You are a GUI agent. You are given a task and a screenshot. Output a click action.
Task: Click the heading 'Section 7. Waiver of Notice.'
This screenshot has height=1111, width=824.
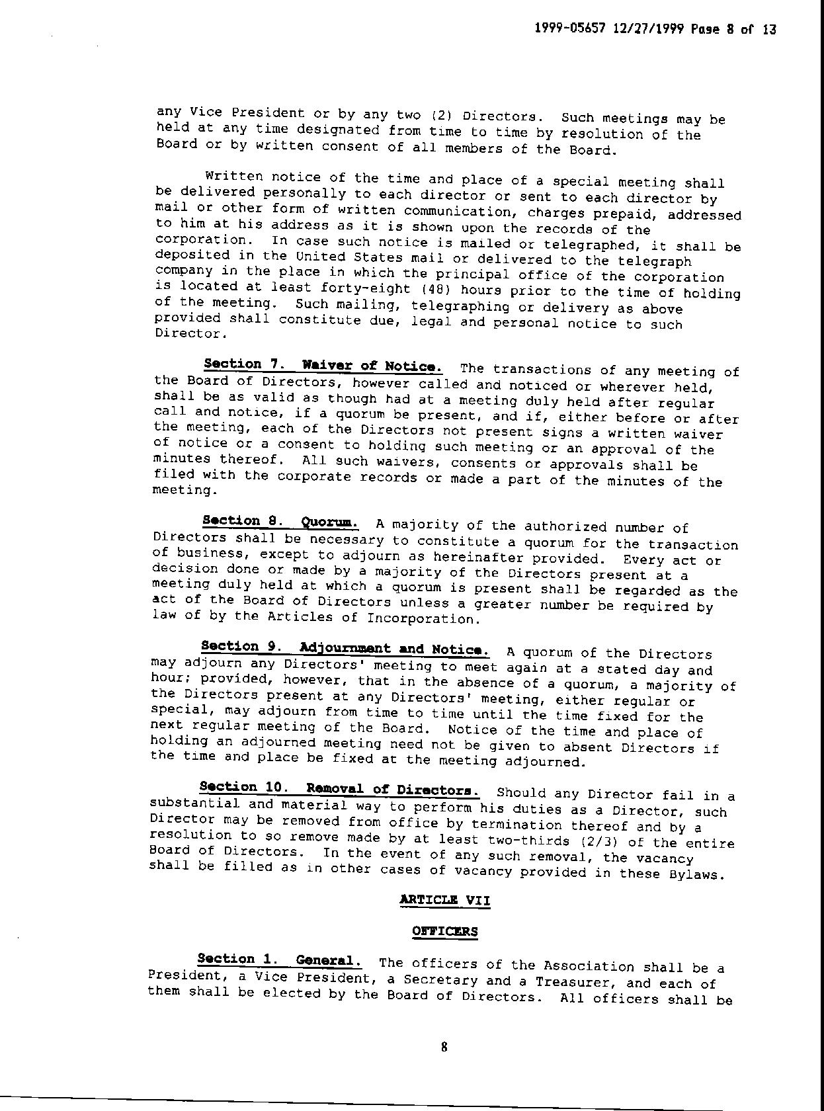pyautogui.click(x=323, y=365)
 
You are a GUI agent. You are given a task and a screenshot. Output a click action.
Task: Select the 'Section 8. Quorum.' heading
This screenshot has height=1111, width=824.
pyautogui.click(x=280, y=522)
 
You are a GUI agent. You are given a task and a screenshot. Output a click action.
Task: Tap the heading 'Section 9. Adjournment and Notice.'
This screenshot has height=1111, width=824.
pyautogui.click(x=345, y=647)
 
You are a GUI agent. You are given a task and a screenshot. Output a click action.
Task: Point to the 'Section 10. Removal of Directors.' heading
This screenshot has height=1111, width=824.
pyautogui.click(x=339, y=789)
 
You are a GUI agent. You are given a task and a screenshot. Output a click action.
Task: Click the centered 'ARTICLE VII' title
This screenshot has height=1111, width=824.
pyautogui.click(x=445, y=899)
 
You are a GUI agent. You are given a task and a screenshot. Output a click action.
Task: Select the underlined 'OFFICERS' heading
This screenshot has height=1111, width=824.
pyautogui.click(x=444, y=931)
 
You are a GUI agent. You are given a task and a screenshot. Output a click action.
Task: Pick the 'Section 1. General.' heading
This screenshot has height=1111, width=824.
pyautogui.click(x=279, y=960)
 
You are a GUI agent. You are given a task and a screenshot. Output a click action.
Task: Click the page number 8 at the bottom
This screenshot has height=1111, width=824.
pyautogui.click(x=444, y=1047)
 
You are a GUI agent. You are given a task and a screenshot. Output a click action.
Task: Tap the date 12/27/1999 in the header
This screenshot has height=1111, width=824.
pyautogui.click(x=648, y=30)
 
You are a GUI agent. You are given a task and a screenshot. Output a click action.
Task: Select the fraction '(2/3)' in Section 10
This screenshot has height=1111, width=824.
pyautogui.click(x=591, y=842)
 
